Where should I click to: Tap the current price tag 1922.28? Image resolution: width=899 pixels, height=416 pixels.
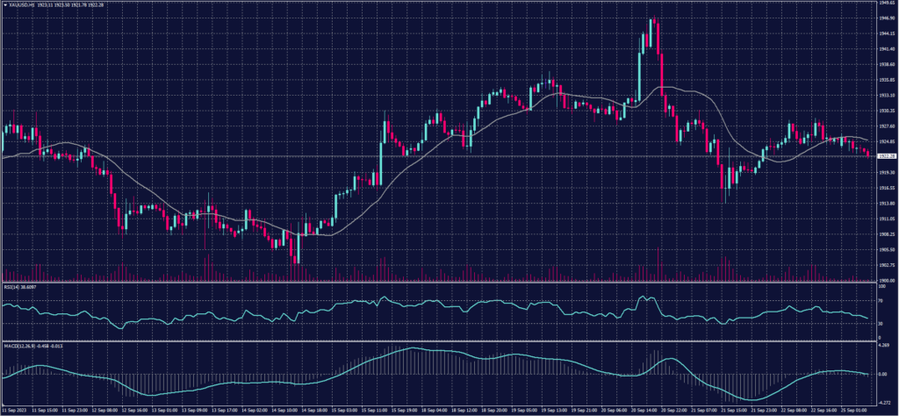click(x=886, y=156)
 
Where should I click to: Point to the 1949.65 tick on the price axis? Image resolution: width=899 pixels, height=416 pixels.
click(x=886, y=4)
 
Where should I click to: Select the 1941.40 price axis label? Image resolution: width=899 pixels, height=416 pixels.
click(x=886, y=49)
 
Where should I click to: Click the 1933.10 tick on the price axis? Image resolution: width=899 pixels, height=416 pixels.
click(x=886, y=96)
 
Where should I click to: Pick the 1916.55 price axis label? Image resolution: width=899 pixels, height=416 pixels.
click(x=886, y=188)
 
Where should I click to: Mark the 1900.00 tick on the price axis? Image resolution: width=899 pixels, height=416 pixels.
click(x=886, y=280)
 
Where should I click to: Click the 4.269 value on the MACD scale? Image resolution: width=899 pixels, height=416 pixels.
click(x=883, y=346)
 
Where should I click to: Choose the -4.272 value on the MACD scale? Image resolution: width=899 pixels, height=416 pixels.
click(x=883, y=401)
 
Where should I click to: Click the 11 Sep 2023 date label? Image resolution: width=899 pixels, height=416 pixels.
click(x=13, y=410)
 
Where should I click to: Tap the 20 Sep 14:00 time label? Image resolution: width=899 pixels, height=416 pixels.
click(x=645, y=410)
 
